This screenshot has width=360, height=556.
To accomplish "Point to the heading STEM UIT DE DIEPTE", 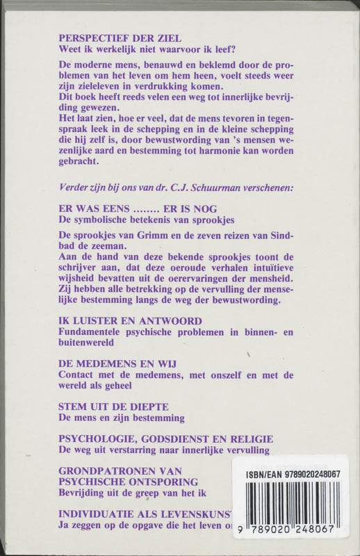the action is click(114, 407).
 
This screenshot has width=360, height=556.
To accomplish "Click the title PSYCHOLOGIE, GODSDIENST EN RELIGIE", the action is click(165, 439).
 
